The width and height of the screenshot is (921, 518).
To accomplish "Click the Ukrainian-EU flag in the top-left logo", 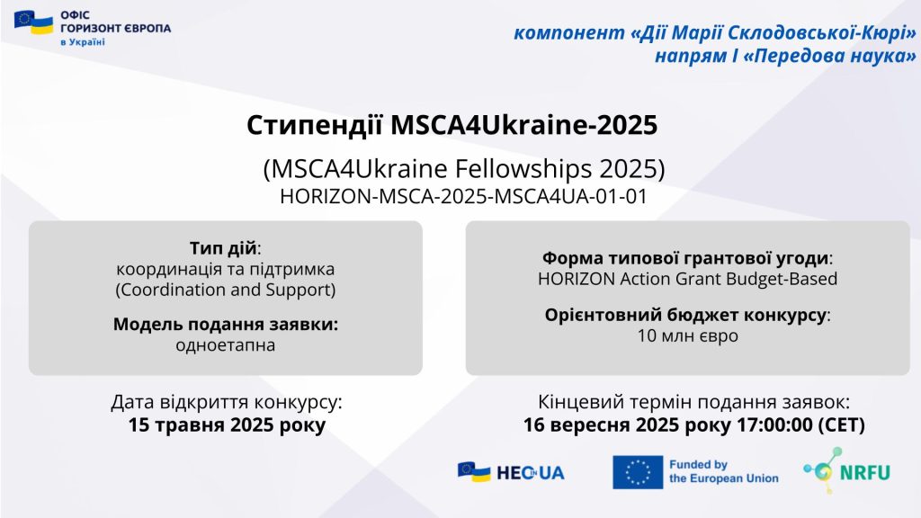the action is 33,22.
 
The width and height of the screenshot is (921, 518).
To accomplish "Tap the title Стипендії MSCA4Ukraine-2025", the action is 452,125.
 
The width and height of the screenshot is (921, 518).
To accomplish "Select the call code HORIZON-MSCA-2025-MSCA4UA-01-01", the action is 463,196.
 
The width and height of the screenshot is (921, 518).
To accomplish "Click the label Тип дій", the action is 223,248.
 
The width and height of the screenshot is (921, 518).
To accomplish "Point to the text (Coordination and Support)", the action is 226,290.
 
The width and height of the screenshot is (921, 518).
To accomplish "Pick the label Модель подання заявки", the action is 226,324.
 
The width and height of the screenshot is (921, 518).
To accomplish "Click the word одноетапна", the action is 226,344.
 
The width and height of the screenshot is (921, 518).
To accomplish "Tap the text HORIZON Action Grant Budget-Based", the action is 688,279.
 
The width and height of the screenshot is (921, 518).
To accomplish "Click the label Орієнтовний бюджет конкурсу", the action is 686,315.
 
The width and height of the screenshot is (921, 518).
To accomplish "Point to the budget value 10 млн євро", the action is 688,336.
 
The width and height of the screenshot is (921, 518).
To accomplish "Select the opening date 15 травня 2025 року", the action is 227,424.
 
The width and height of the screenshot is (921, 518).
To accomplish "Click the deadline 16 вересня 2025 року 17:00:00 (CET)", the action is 693,424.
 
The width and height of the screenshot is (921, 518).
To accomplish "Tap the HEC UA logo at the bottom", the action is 511,471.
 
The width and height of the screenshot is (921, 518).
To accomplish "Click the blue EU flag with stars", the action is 638,472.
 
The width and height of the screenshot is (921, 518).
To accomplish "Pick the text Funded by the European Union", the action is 724,471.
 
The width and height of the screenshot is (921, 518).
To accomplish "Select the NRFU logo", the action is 847,470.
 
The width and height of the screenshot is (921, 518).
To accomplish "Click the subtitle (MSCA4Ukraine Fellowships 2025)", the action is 464,168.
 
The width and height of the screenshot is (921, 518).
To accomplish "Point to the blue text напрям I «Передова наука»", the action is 785,56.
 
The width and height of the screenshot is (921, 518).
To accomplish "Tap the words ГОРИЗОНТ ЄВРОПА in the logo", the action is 116,28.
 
